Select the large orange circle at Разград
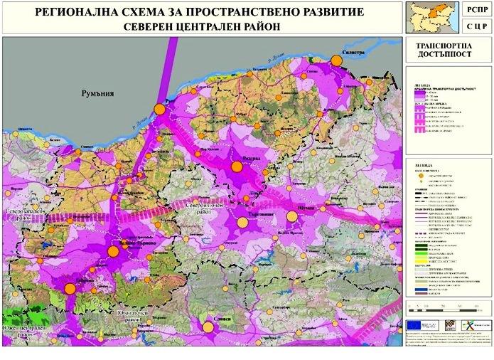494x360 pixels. [x=237, y=166]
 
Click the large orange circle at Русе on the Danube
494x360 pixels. [x=160, y=110]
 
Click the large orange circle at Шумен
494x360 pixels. [x=291, y=217]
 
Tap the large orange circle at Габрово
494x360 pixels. [x=69, y=289]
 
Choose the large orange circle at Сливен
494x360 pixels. [x=208, y=327]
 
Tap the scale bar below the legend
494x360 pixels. [x=446, y=307]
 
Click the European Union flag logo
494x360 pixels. [x=415, y=324]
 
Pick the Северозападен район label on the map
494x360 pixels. [x=21, y=216]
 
